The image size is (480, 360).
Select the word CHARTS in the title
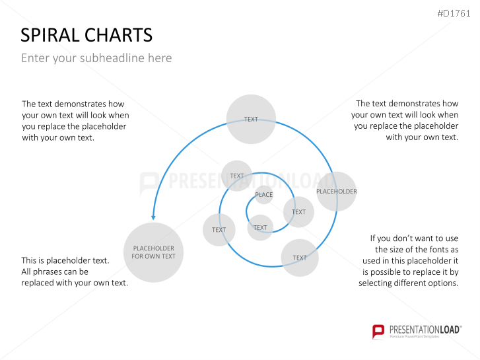123,35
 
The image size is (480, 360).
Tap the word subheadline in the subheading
112,58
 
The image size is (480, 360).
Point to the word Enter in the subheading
35,58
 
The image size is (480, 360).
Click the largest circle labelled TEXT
251,120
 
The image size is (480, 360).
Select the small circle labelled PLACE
263,195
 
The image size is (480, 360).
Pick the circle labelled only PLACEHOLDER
336,192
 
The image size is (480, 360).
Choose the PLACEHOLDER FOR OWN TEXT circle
153,252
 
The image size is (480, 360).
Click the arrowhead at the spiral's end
153,217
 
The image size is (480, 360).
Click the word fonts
432,249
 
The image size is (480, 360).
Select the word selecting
378,283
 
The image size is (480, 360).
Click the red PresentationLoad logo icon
378,331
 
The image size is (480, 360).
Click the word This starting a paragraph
30,260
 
